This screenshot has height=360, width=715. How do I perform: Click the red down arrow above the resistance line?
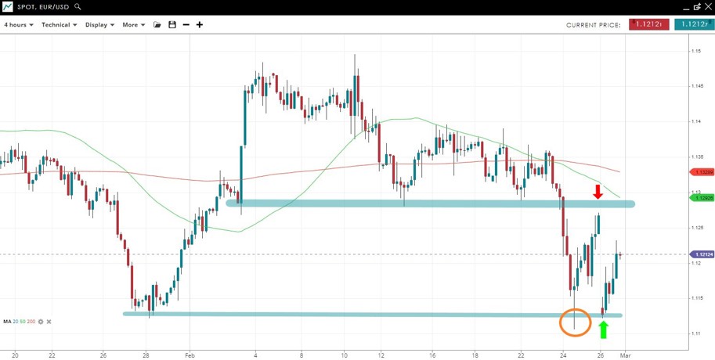(598, 192)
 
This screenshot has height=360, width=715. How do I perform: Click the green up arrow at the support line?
(603, 329)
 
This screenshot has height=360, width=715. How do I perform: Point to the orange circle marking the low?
(576, 322)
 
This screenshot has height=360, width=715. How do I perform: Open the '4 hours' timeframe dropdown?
(18, 25)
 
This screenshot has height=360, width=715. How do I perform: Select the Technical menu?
(59, 25)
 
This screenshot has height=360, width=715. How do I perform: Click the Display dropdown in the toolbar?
(99, 25)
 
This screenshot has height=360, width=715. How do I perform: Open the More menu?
(133, 25)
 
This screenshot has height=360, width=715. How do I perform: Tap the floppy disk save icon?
(172, 25)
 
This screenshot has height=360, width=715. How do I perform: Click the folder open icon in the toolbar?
(157, 25)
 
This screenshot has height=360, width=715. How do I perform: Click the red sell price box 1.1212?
(648, 24)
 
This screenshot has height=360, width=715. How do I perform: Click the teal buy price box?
(693, 24)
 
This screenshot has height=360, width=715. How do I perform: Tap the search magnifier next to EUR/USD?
(78, 6)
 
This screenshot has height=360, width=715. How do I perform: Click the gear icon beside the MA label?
(41, 322)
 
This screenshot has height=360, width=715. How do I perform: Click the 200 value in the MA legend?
(31, 322)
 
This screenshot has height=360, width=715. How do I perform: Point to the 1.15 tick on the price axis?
(695, 51)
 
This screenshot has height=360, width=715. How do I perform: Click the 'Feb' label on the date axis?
(188, 355)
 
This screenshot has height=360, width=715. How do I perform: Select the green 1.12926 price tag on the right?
(702, 198)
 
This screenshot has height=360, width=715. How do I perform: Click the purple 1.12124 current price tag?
(702, 254)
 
